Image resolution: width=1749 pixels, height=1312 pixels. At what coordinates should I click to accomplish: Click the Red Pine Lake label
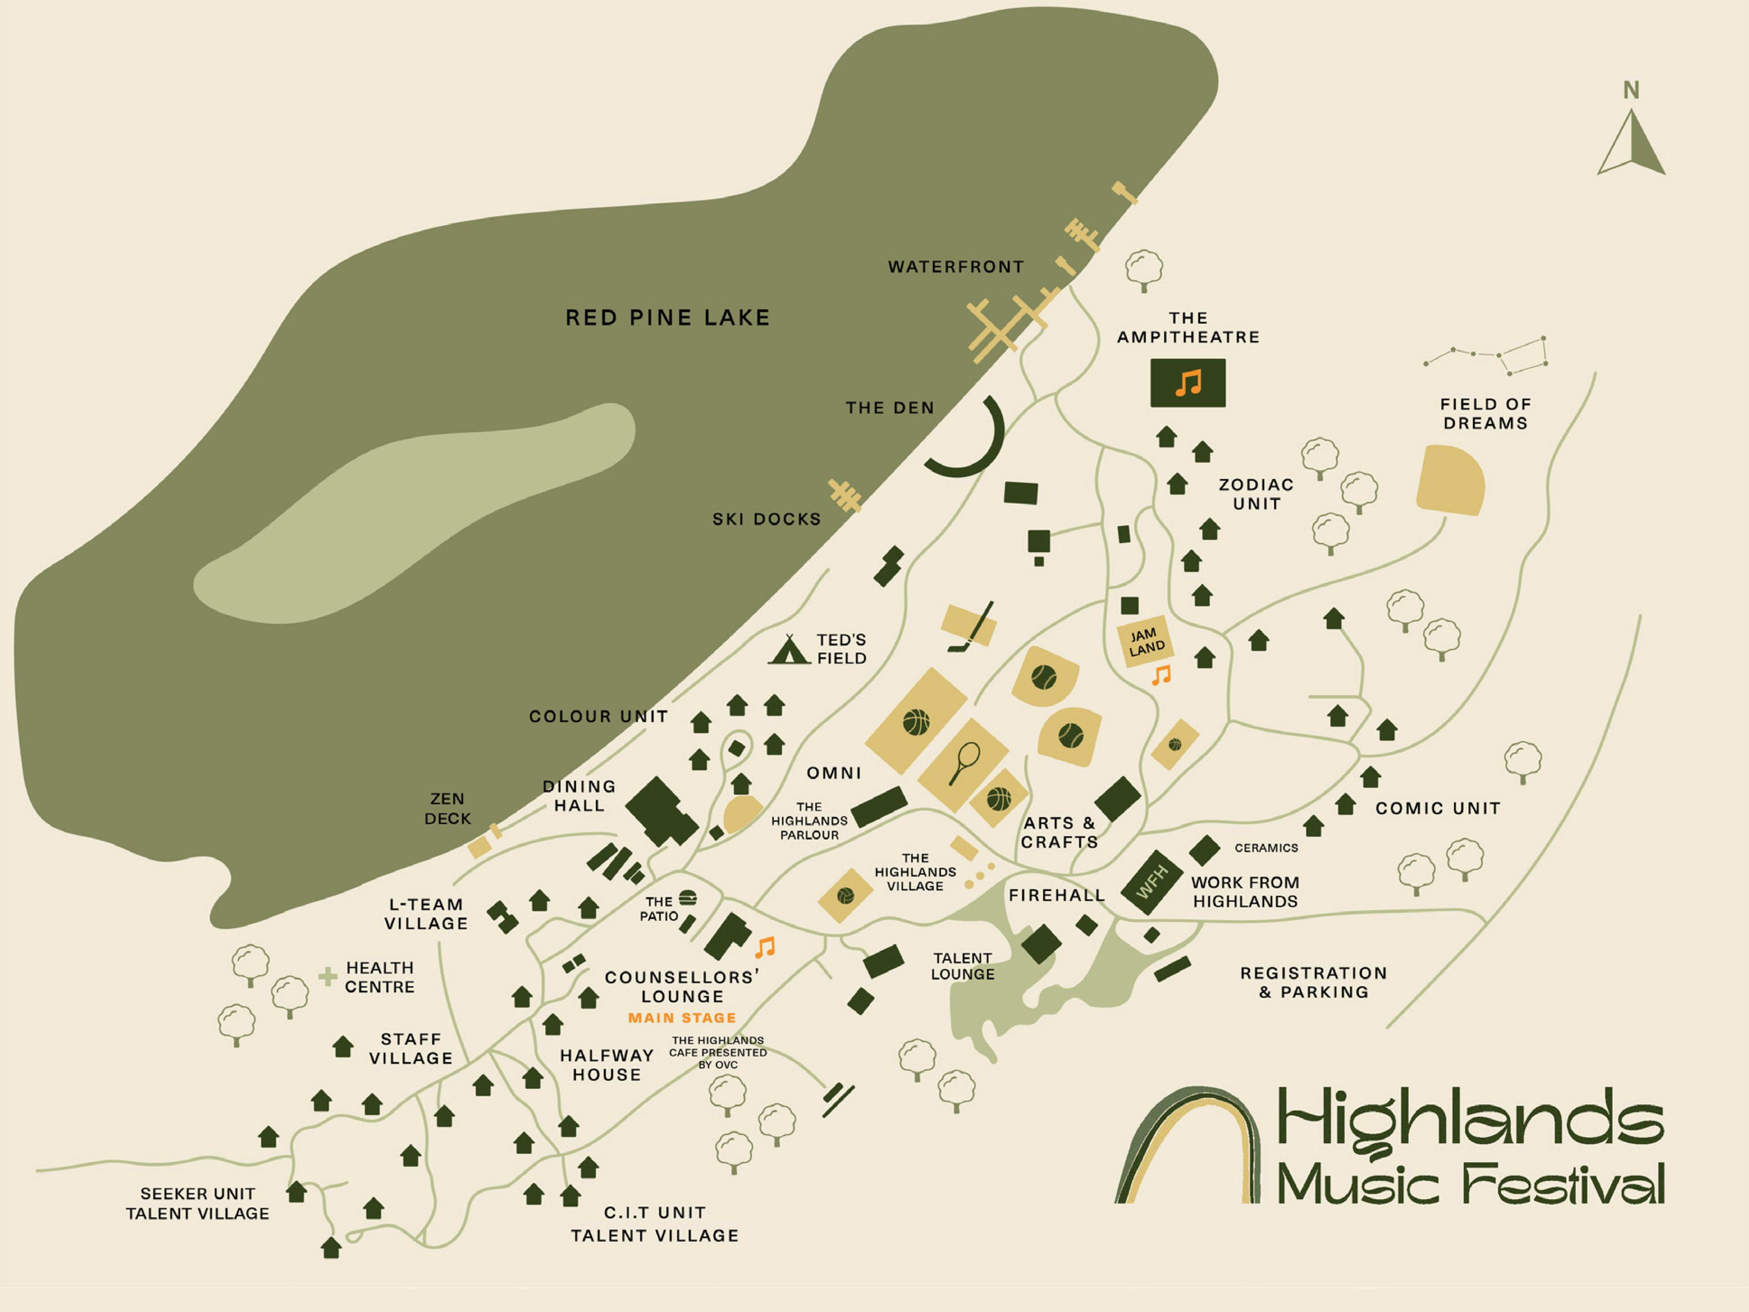(667, 318)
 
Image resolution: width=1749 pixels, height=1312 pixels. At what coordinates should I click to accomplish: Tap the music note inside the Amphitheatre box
(1187, 384)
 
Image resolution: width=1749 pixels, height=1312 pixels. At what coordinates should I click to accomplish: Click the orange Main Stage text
(681, 1018)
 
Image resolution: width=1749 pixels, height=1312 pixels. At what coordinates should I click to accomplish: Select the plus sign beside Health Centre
(327, 977)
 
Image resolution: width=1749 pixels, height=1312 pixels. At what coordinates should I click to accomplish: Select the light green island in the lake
(411, 514)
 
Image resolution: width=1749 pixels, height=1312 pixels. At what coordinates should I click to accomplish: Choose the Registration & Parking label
(1313, 982)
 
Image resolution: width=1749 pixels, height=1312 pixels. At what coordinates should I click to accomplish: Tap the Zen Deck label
(448, 808)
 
